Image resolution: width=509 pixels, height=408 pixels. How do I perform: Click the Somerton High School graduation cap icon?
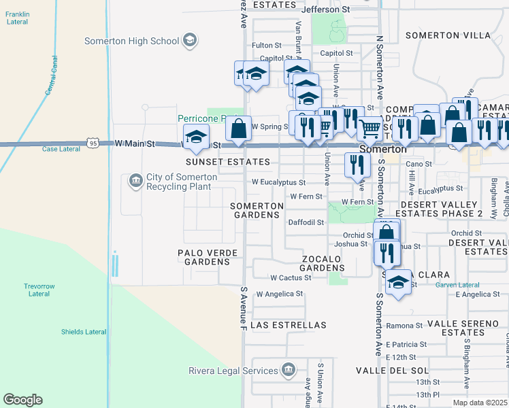pos(190,41)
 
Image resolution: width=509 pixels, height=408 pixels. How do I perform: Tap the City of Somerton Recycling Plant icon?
pos(135,181)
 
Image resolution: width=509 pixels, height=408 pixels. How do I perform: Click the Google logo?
pos(22,400)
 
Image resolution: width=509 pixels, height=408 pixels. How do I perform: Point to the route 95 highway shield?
pos(93,143)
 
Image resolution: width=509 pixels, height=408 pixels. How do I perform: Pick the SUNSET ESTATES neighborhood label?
pos(228,162)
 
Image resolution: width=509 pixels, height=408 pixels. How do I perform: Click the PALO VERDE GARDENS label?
pos(208,257)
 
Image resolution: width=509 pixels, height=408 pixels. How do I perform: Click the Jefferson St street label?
pos(325,10)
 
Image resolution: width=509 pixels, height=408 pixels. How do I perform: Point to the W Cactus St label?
pos(290,277)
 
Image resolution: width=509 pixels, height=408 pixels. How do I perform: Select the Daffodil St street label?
pos(307,222)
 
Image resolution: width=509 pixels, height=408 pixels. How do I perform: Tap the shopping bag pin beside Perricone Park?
pos(238,129)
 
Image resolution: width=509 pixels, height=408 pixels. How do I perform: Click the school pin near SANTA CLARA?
pos(398,282)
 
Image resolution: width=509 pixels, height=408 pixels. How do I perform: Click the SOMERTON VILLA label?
pos(447,35)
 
